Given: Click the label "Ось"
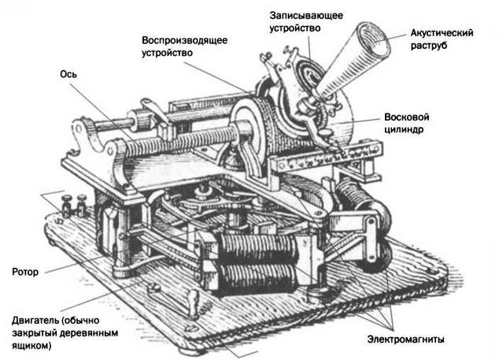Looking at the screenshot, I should (68, 73).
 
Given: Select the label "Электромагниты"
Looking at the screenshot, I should (405, 340).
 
